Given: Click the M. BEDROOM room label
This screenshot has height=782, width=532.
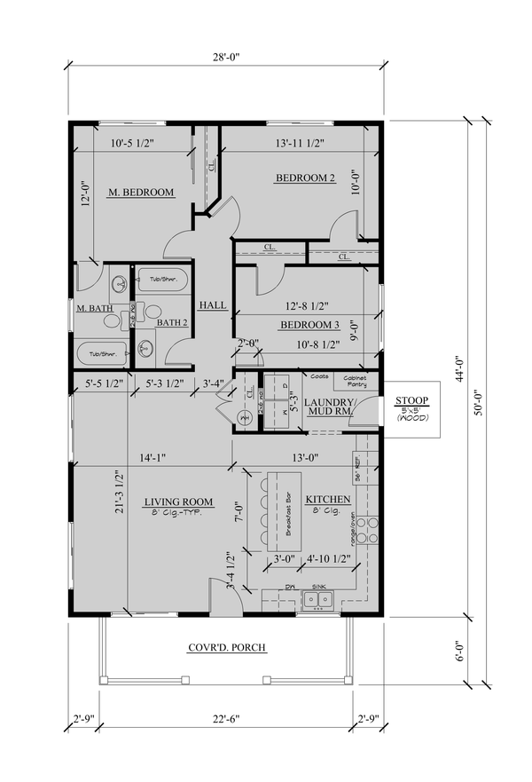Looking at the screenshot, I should click(140, 192).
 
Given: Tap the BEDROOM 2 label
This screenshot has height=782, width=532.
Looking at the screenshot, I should click(304, 178).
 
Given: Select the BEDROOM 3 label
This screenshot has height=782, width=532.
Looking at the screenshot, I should click(310, 325).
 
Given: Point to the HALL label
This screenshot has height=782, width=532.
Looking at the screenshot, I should click(212, 304).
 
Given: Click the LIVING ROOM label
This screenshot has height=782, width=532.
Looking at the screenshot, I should click(179, 502).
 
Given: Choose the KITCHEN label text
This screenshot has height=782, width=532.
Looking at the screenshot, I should click(328, 500).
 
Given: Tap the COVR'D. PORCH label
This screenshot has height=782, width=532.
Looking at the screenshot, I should click(227, 647).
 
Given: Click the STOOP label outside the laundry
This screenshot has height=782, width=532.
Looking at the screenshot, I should click(412, 401).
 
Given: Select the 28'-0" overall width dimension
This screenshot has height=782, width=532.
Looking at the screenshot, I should click(226, 56).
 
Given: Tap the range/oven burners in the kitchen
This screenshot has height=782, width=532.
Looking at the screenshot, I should click(372, 530).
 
